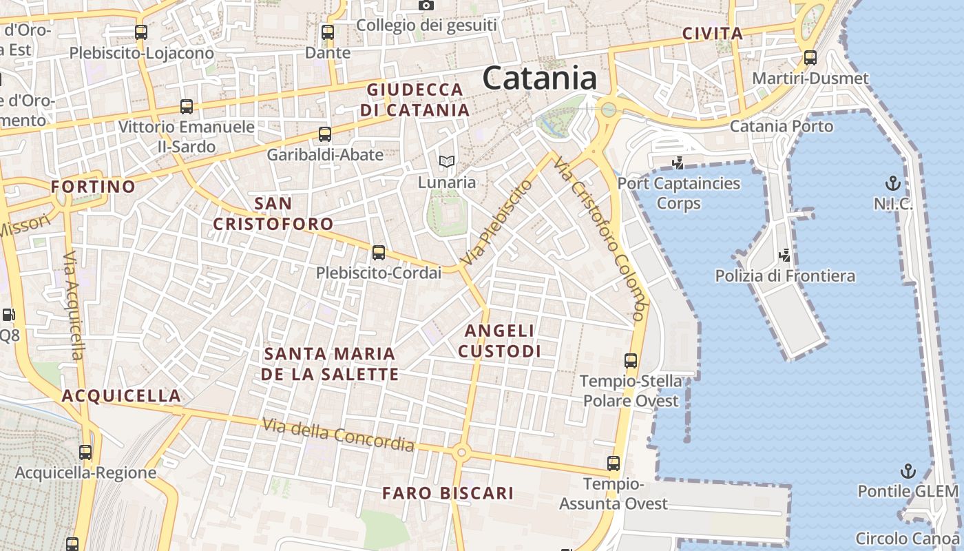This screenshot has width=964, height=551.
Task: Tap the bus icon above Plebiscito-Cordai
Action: (379, 253)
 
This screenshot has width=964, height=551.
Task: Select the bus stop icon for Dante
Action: (328, 32)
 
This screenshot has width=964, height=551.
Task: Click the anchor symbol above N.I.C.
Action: (892, 184)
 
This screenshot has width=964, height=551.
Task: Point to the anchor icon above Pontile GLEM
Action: (908, 472)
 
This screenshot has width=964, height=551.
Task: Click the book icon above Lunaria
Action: (447, 163)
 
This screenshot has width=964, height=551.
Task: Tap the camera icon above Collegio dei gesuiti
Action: (426, 6)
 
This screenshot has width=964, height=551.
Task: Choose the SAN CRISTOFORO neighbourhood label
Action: (273, 214)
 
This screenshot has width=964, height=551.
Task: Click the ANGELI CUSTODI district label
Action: (499, 341)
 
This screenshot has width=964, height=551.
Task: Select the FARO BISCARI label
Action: (448, 493)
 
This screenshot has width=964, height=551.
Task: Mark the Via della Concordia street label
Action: (338, 435)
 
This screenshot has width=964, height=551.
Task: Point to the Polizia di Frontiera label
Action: (785, 276)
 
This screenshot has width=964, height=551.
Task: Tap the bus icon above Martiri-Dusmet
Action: (810, 58)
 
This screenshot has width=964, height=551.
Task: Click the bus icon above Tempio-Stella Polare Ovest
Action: (631, 360)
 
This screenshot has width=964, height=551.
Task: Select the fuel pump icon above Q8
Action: (8, 315)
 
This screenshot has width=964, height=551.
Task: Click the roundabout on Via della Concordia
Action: (461, 453)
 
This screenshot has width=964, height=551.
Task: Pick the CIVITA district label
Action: (713, 33)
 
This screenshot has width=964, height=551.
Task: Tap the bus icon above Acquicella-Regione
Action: (85, 453)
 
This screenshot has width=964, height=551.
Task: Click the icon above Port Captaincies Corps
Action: (678, 163)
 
